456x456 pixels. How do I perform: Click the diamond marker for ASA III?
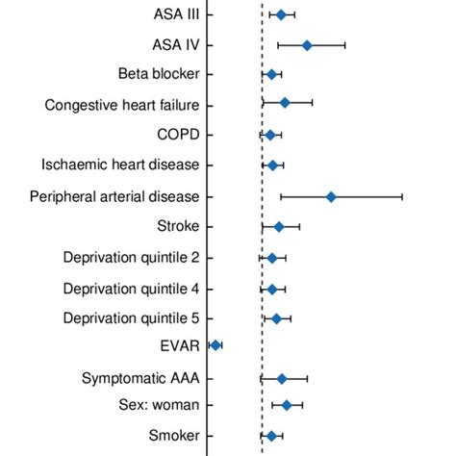(281, 14)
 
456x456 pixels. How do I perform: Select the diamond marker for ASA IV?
(307, 45)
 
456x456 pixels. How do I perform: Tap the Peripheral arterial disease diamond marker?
(331, 196)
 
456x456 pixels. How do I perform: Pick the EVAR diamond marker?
(215, 344)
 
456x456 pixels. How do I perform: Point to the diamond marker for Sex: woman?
(287, 405)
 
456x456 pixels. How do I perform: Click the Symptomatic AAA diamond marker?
(282, 379)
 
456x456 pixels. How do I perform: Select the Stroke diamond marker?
(279, 227)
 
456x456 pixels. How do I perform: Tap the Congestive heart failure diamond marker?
(285, 102)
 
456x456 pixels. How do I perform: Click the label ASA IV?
(176, 45)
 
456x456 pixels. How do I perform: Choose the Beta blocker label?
(159, 74)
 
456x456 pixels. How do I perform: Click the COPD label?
(178, 135)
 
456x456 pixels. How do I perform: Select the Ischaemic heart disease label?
(120, 165)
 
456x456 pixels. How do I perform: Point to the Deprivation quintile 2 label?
(131, 258)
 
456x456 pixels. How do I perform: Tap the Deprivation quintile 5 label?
(131, 318)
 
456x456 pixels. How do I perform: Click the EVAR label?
(180, 344)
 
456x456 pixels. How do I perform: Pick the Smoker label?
(174, 436)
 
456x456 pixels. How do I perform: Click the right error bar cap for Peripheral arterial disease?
(402, 196)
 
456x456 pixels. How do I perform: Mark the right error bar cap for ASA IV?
(344, 45)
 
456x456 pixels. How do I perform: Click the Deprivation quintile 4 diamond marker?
(271, 289)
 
